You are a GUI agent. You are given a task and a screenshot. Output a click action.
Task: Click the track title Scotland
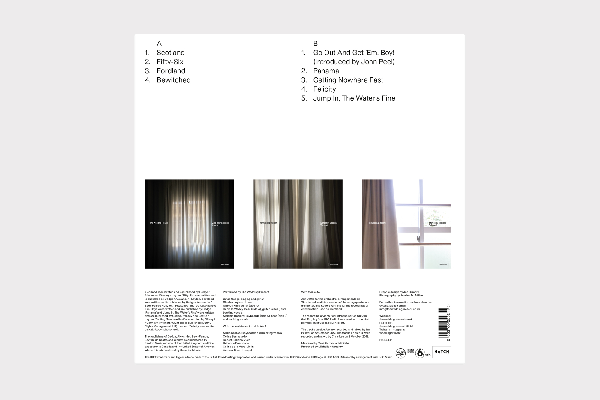tap(170, 53)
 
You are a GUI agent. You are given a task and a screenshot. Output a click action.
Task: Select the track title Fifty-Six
tap(170, 62)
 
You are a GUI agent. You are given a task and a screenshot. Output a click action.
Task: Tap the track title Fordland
tap(171, 71)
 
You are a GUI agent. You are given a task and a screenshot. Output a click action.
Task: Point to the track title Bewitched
tap(173, 80)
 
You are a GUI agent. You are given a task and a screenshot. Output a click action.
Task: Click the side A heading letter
tap(159, 44)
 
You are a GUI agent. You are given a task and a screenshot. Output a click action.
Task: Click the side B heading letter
tap(315, 44)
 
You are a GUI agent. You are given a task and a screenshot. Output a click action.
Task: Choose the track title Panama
tap(326, 71)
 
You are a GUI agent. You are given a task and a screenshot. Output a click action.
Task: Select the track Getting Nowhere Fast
tap(348, 80)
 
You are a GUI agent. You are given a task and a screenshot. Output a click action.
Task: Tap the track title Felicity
tap(324, 89)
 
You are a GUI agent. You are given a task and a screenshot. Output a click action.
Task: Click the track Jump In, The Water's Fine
tap(354, 98)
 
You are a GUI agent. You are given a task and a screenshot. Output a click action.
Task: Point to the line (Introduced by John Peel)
tap(354, 62)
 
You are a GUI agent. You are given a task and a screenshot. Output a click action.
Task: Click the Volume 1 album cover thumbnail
tap(189, 224)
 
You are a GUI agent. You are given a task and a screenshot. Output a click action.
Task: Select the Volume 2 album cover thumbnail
tap(298, 224)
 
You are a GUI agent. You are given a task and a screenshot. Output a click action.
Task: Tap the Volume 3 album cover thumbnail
tap(406, 224)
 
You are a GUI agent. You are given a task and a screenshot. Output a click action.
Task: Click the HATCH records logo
tap(442, 352)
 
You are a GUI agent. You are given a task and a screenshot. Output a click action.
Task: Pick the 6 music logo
tap(423, 353)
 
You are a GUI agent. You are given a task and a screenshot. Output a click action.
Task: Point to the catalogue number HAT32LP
tap(385, 340)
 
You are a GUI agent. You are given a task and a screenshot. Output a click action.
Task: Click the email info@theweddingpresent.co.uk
tap(400, 309)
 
